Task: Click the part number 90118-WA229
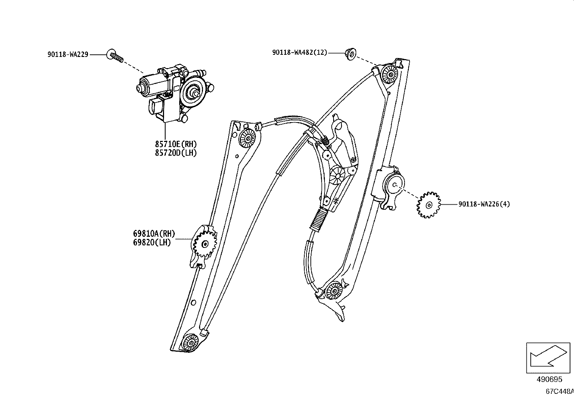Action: pyautogui.click(x=68, y=55)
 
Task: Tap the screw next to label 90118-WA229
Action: pyautogui.click(x=115, y=56)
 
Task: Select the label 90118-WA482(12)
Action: pyautogui.click(x=300, y=53)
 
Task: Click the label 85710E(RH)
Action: pyautogui.click(x=176, y=144)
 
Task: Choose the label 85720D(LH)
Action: pyautogui.click(x=176, y=153)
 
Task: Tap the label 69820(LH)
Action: pyautogui.click(x=152, y=243)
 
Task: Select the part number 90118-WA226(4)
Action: pyautogui.click(x=484, y=204)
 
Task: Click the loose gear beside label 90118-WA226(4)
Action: pyautogui.click(x=428, y=205)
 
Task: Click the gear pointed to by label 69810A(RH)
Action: pyautogui.click(x=205, y=245)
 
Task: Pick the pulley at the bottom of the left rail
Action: pyautogui.click(x=190, y=342)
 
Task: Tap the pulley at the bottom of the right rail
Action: pyautogui.click(x=334, y=290)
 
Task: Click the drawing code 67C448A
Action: pyautogui.click(x=559, y=391)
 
